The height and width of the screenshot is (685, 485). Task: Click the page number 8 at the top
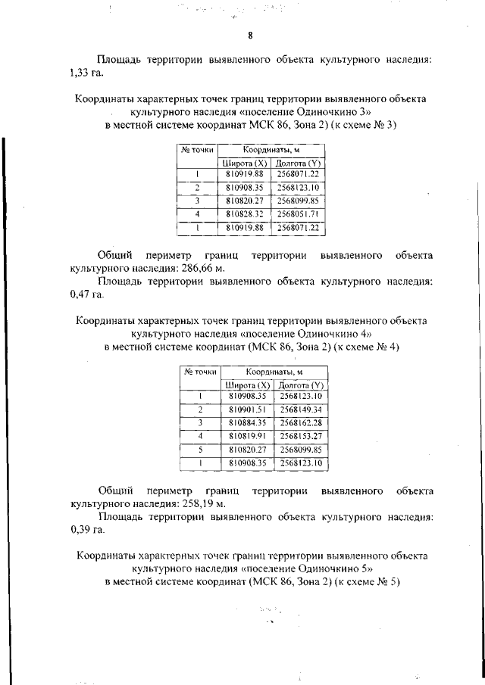[249, 36]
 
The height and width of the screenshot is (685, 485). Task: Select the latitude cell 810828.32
[244, 214]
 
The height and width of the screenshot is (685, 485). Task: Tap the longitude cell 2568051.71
[298, 214]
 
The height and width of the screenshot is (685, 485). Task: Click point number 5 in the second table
[200, 450]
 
